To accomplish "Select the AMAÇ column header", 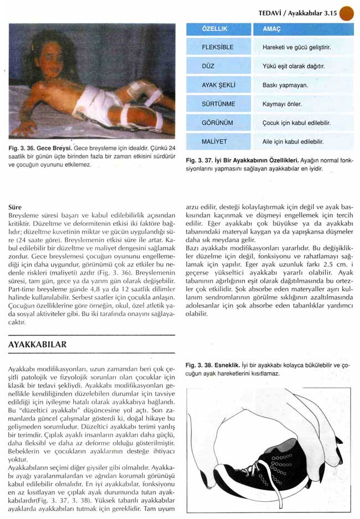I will pyautogui.click(x=268, y=28).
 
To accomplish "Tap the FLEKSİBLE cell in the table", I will pyautogui.click(x=217, y=48).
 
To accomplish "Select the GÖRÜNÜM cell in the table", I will pyautogui.click(x=217, y=123).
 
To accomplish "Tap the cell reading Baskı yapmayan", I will pyautogui.click(x=285, y=85).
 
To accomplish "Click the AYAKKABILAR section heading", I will pyautogui.click(x=38, y=345).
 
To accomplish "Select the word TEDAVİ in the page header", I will pyautogui.click(x=271, y=12).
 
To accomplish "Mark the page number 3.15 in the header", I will pyautogui.click(x=328, y=12).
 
